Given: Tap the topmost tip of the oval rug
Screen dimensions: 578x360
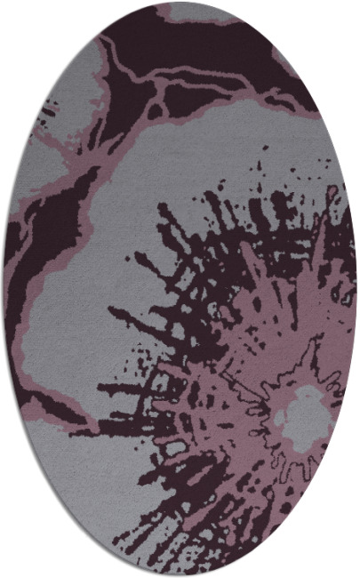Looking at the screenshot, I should (180, 2).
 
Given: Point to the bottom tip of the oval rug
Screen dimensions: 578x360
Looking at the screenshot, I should (180, 576).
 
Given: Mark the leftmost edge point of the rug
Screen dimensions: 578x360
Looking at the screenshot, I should (3, 289).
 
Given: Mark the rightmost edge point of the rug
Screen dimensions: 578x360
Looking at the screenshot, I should (357, 289).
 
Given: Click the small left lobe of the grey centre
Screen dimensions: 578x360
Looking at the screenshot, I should (280, 418).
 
